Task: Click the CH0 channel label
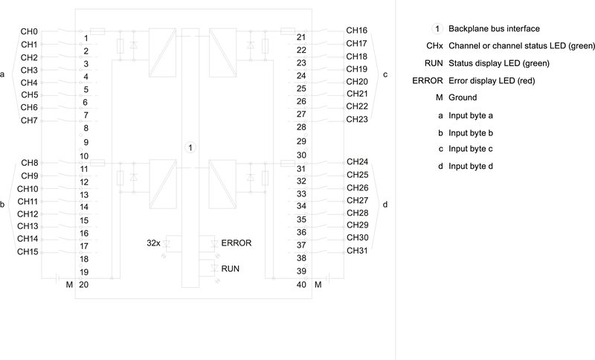pos(30,32)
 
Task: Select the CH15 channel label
pos(28,252)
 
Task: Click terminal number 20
pos(84,285)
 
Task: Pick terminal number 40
pos(301,285)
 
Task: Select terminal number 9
pos(86,142)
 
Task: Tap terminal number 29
pos(301,141)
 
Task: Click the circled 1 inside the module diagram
pos(190,147)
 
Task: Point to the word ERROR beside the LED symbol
pos(237,243)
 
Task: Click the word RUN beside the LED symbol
pos(231,268)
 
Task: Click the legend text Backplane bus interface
pos(494,29)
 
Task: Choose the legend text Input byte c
pos(471,149)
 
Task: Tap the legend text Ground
pos(463,97)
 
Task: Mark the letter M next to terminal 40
pos(318,285)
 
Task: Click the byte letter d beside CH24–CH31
pos(385,204)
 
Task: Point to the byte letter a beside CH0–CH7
pos(4,75)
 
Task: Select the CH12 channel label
pos(28,214)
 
